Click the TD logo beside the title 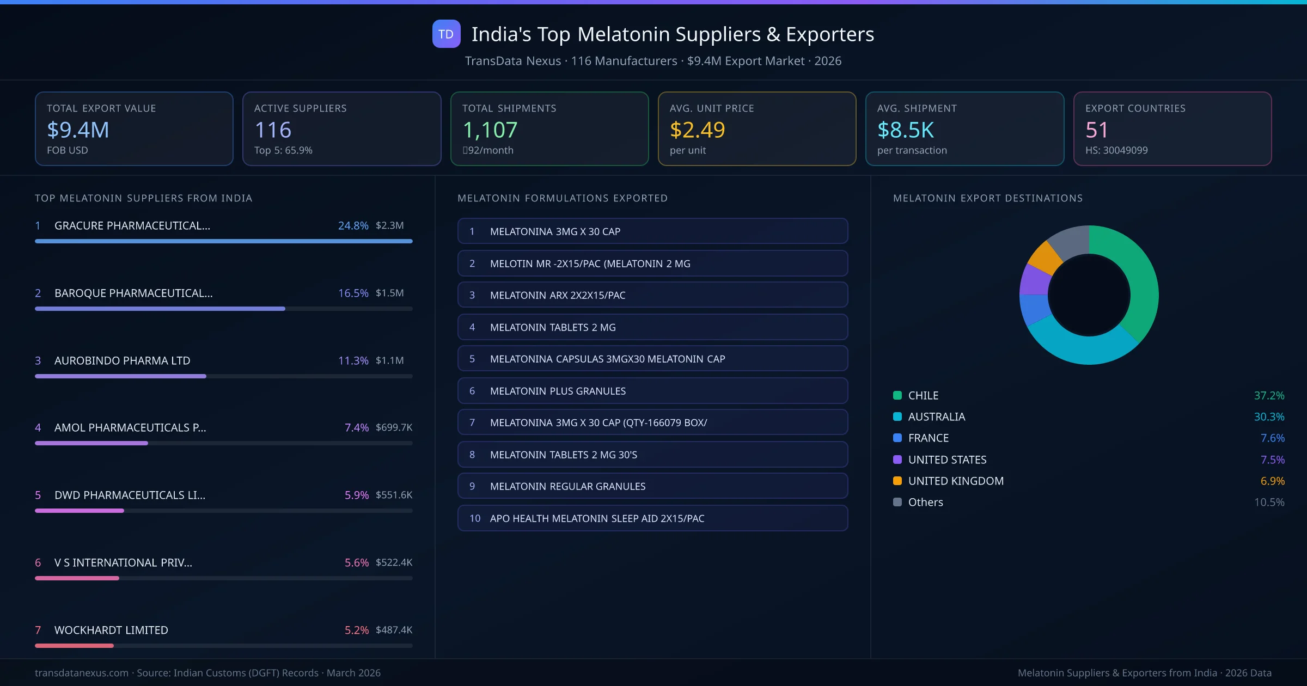(446, 34)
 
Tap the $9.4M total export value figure (78, 130)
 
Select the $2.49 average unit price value (697, 130)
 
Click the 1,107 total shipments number (490, 130)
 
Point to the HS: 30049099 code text (1116, 150)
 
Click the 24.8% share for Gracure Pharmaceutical (353, 225)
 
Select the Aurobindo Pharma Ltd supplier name (122, 360)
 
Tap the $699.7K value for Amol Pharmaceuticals (394, 427)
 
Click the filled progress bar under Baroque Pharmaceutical (160, 309)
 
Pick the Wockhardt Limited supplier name (111, 630)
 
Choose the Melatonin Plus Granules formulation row (652, 391)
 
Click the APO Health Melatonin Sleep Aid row (652, 518)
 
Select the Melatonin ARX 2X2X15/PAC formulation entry (652, 295)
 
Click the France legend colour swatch (897, 438)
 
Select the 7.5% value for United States (1272, 460)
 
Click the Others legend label (925, 502)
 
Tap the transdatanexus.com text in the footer (82, 673)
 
